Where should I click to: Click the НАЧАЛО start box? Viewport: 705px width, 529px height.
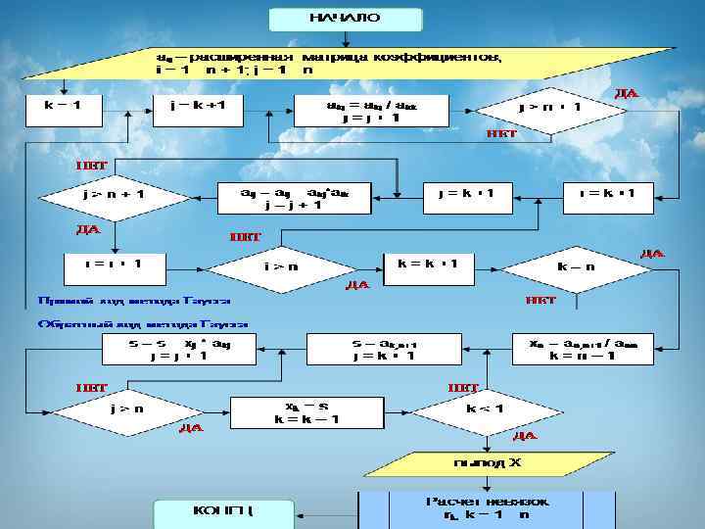coord(346,19)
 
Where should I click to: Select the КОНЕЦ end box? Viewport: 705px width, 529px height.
coord(223,511)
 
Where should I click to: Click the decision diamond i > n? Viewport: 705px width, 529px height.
coord(283,265)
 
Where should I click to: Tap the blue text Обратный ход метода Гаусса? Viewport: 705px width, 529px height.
coord(143,323)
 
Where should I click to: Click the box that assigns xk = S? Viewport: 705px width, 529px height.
coord(292,411)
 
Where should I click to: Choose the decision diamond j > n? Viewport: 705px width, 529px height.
coord(126,409)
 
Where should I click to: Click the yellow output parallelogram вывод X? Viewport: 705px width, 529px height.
coord(486,461)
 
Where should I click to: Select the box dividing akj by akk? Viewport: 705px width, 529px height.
coord(371,110)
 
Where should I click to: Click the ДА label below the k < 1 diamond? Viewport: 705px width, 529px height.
coord(524,436)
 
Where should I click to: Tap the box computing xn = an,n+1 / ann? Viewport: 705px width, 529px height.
coord(583,349)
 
